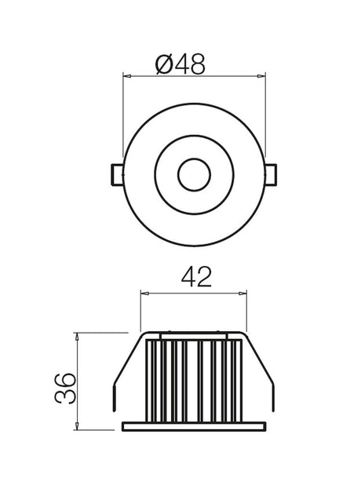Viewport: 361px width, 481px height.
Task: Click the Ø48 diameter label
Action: tap(180, 64)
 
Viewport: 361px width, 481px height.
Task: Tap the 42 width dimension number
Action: tap(197, 277)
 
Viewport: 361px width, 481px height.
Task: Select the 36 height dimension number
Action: tap(65, 388)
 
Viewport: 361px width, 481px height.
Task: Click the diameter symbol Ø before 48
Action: tap(165, 64)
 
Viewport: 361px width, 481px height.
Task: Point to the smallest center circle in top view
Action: tap(194, 174)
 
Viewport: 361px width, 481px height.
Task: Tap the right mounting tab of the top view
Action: tap(271, 175)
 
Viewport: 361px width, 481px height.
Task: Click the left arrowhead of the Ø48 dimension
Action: tap(127, 76)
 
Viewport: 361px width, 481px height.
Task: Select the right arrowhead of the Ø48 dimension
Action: tap(261, 76)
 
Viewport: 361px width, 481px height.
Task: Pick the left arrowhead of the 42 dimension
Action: tap(144, 293)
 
